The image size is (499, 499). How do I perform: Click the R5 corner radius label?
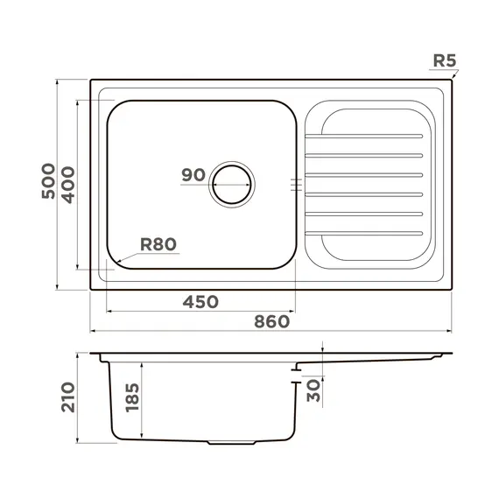coord(445,60)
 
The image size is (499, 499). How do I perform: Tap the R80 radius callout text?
coord(158,244)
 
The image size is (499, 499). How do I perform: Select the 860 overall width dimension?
coord(271,321)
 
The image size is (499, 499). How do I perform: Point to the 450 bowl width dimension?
coord(200,302)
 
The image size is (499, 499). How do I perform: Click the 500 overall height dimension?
coord(48,181)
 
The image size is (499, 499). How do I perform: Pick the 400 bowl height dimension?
coord(67,186)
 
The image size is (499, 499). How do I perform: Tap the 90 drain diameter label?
coord(193,175)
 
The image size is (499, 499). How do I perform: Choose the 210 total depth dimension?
coord(68,397)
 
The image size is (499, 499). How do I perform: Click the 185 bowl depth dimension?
coord(132,397)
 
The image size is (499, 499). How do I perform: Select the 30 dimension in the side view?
coord(313,390)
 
